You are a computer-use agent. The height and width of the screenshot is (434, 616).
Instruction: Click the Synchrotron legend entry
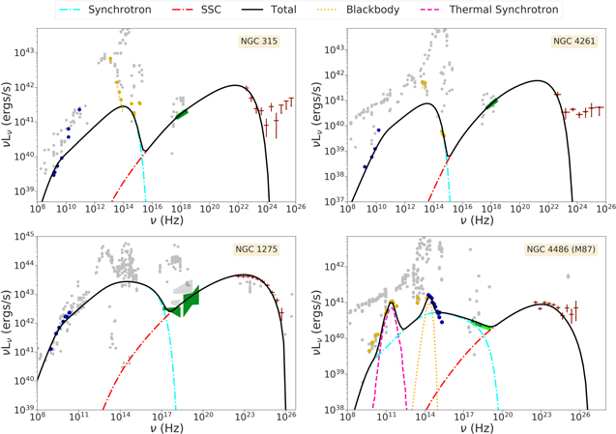coord(105,10)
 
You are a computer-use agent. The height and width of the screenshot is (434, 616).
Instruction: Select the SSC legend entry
coord(197,10)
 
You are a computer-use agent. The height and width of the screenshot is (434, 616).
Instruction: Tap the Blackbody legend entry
coord(358,10)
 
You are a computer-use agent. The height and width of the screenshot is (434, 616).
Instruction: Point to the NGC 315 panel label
coord(259,41)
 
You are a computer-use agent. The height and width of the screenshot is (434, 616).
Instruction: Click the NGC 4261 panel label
coord(574,41)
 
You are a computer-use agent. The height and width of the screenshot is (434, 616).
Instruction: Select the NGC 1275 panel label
coord(256,249)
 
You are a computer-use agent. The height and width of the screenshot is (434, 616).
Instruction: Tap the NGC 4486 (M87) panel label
coord(561,249)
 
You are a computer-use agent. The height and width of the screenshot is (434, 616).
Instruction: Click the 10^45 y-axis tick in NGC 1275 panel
coord(24,237)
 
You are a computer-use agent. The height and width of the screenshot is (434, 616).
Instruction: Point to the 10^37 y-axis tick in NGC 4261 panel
coord(335,201)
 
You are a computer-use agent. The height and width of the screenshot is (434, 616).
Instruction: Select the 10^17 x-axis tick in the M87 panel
coord(463,417)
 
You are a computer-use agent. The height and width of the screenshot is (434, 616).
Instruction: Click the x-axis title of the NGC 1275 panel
coord(166,427)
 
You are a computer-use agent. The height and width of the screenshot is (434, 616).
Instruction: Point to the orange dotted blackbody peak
coord(427,299)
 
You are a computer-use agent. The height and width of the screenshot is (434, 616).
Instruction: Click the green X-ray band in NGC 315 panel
coord(182,114)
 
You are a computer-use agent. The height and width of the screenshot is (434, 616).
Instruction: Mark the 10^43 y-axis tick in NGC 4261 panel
coord(335,49)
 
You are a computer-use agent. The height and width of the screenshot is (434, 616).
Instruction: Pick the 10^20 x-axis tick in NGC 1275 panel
coord(203,417)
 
